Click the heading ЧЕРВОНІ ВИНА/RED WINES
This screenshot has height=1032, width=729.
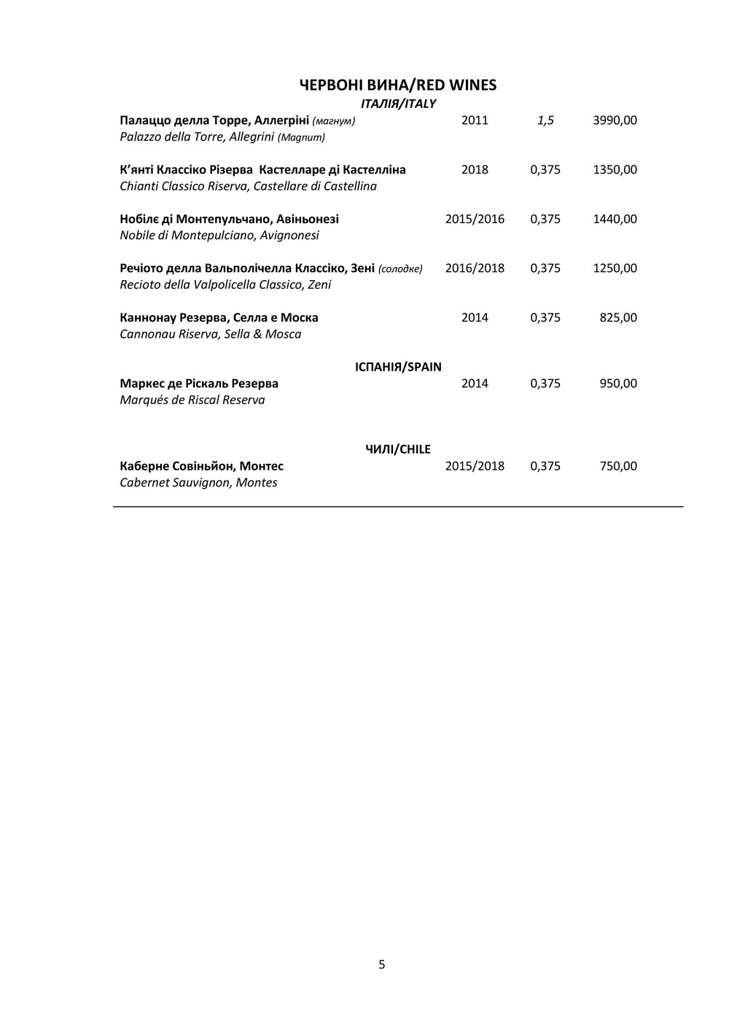click(x=398, y=85)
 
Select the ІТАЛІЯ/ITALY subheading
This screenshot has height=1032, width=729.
click(x=398, y=104)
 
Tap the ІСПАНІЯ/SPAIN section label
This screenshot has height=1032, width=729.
click(x=398, y=367)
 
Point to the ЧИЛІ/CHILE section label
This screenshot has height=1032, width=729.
click(x=398, y=449)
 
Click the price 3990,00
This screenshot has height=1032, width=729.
click(x=615, y=120)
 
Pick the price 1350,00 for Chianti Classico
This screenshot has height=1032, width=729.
click(x=615, y=170)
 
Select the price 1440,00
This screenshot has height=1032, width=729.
click(x=615, y=219)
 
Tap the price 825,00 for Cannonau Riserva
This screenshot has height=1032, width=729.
click(x=618, y=317)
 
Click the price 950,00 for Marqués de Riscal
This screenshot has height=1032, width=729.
click(x=618, y=384)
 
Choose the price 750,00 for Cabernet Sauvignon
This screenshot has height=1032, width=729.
click(x=618, y=466)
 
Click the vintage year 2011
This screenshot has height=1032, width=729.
click(x=475, y=120)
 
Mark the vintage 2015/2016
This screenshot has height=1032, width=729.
click(x=475, y=219)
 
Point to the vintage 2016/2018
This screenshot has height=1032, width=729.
click(x=475, y=268)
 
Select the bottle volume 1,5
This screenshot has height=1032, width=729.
click(x=545, y=120)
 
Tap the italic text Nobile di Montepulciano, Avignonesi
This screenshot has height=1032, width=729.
click(x=219, y=236)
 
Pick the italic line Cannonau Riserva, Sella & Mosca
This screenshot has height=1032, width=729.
click(x=210, y=334)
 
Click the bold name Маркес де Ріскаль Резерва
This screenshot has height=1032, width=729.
click(x=198, y=384)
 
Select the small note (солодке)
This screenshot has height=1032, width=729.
click(x=400, y=269)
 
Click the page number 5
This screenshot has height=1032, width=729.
click(x=382, y=965)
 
